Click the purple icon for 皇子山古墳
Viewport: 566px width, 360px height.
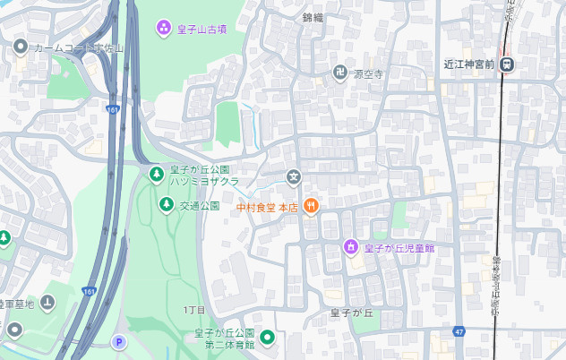point(164,28)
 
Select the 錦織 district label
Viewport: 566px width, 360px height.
point(313,17)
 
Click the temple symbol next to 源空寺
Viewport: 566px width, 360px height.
point(340,74)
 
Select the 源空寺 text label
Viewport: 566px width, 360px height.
point(368,74)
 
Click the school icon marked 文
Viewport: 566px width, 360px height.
point(293,177)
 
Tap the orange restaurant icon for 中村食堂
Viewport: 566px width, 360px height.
point(311,207)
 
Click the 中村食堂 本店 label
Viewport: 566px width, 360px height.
point(266,207)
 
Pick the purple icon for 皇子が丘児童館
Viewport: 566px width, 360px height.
point(352,246)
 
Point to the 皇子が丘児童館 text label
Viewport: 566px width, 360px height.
point(395,247)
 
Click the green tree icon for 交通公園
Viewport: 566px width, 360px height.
point(166,205)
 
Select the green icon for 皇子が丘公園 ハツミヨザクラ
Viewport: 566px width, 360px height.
point(156,172)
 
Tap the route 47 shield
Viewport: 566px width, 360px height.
point(459,330)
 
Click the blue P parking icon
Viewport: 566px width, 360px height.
point(118,342)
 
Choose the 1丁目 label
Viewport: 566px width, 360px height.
point(194,309)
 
